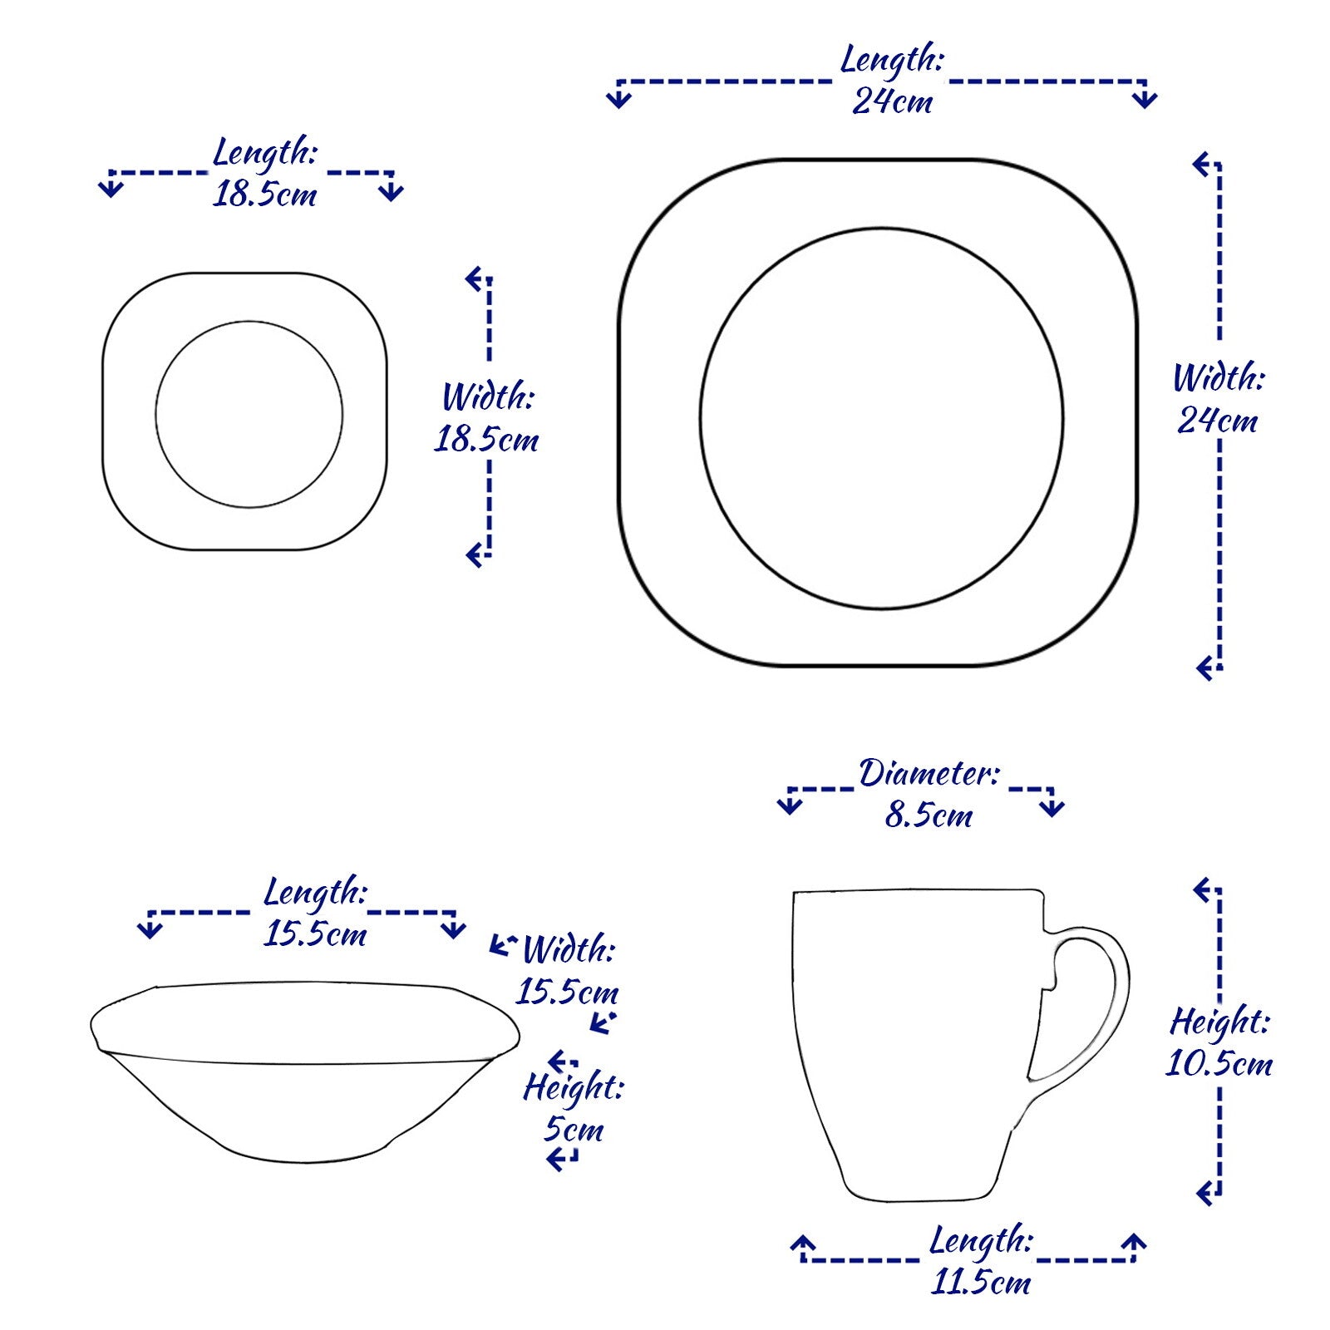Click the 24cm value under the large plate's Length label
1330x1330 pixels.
(892, 101)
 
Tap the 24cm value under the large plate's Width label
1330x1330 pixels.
(1217, 421)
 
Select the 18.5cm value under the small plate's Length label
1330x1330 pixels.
(264, 195)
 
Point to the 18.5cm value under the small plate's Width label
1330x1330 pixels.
(486, 440)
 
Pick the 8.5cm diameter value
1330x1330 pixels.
(929, 815)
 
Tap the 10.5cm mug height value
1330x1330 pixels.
(1219, 1064)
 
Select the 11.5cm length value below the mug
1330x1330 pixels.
(981, 1283)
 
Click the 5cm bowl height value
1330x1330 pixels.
(574, 1130)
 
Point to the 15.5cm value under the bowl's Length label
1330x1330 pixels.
(315, 934)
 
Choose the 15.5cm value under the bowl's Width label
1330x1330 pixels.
(568, 992)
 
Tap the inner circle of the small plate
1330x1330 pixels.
(249, 322)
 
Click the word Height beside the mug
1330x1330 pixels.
(1219, 1021)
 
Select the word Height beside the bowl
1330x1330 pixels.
(573, 1086)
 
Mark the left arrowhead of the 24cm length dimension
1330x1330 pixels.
(618, 99)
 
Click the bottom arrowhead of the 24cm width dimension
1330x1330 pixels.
(1205, 667)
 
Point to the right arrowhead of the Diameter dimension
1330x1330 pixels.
(1052, 806)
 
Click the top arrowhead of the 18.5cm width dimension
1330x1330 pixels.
(475, 279)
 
